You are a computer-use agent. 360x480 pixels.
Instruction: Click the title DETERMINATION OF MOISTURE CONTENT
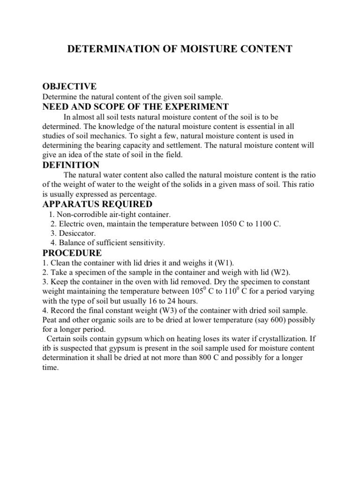(x=180, y=49)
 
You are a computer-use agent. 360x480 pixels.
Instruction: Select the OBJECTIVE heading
(x=69, y=86)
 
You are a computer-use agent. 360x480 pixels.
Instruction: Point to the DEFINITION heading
(x=71, y=165)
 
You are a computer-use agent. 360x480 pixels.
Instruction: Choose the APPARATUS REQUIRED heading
(x=97, y=204)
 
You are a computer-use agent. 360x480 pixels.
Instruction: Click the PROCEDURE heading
(x=72, y=253)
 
